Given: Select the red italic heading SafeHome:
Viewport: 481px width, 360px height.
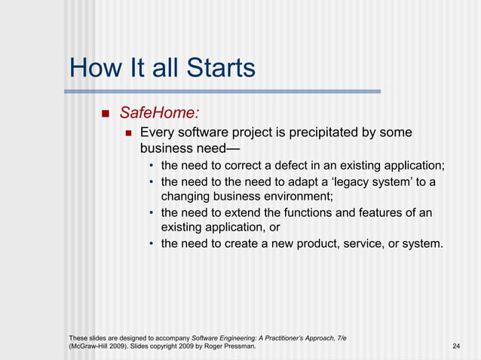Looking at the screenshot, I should (160, 113).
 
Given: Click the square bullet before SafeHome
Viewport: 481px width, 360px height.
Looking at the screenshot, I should (105, 114).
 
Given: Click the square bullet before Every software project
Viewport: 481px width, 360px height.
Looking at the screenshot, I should (128, 133).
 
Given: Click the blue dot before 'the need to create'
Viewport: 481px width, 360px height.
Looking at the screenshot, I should (152, 244).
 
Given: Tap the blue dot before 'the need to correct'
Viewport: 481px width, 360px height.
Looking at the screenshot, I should (152, 166).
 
